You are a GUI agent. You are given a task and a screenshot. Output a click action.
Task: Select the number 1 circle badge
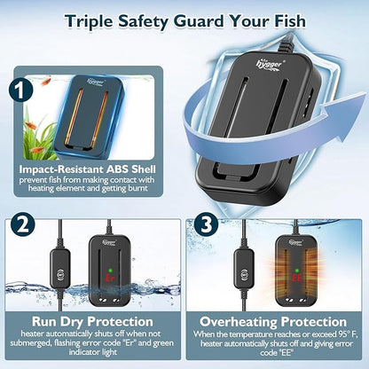click(20, 90)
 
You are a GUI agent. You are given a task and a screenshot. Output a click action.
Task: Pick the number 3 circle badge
click(207, 224)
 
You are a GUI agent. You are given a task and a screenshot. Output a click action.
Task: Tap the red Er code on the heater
click(111, 279)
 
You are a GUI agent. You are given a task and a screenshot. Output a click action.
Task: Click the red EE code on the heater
click(296, 278)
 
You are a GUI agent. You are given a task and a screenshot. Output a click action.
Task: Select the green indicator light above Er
click(111, 271)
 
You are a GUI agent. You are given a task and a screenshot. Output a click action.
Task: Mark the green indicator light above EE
click(296, 271)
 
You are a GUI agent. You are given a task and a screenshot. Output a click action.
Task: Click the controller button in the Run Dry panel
click(60, 272)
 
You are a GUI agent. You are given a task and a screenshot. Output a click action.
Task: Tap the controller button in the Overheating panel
click(245, 274)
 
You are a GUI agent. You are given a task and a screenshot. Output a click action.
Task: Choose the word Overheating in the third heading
click(238, 321)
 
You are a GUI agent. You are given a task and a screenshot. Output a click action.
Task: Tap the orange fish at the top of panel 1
click(46, 81)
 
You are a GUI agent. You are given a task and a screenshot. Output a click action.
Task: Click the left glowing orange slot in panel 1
click(73, 117)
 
